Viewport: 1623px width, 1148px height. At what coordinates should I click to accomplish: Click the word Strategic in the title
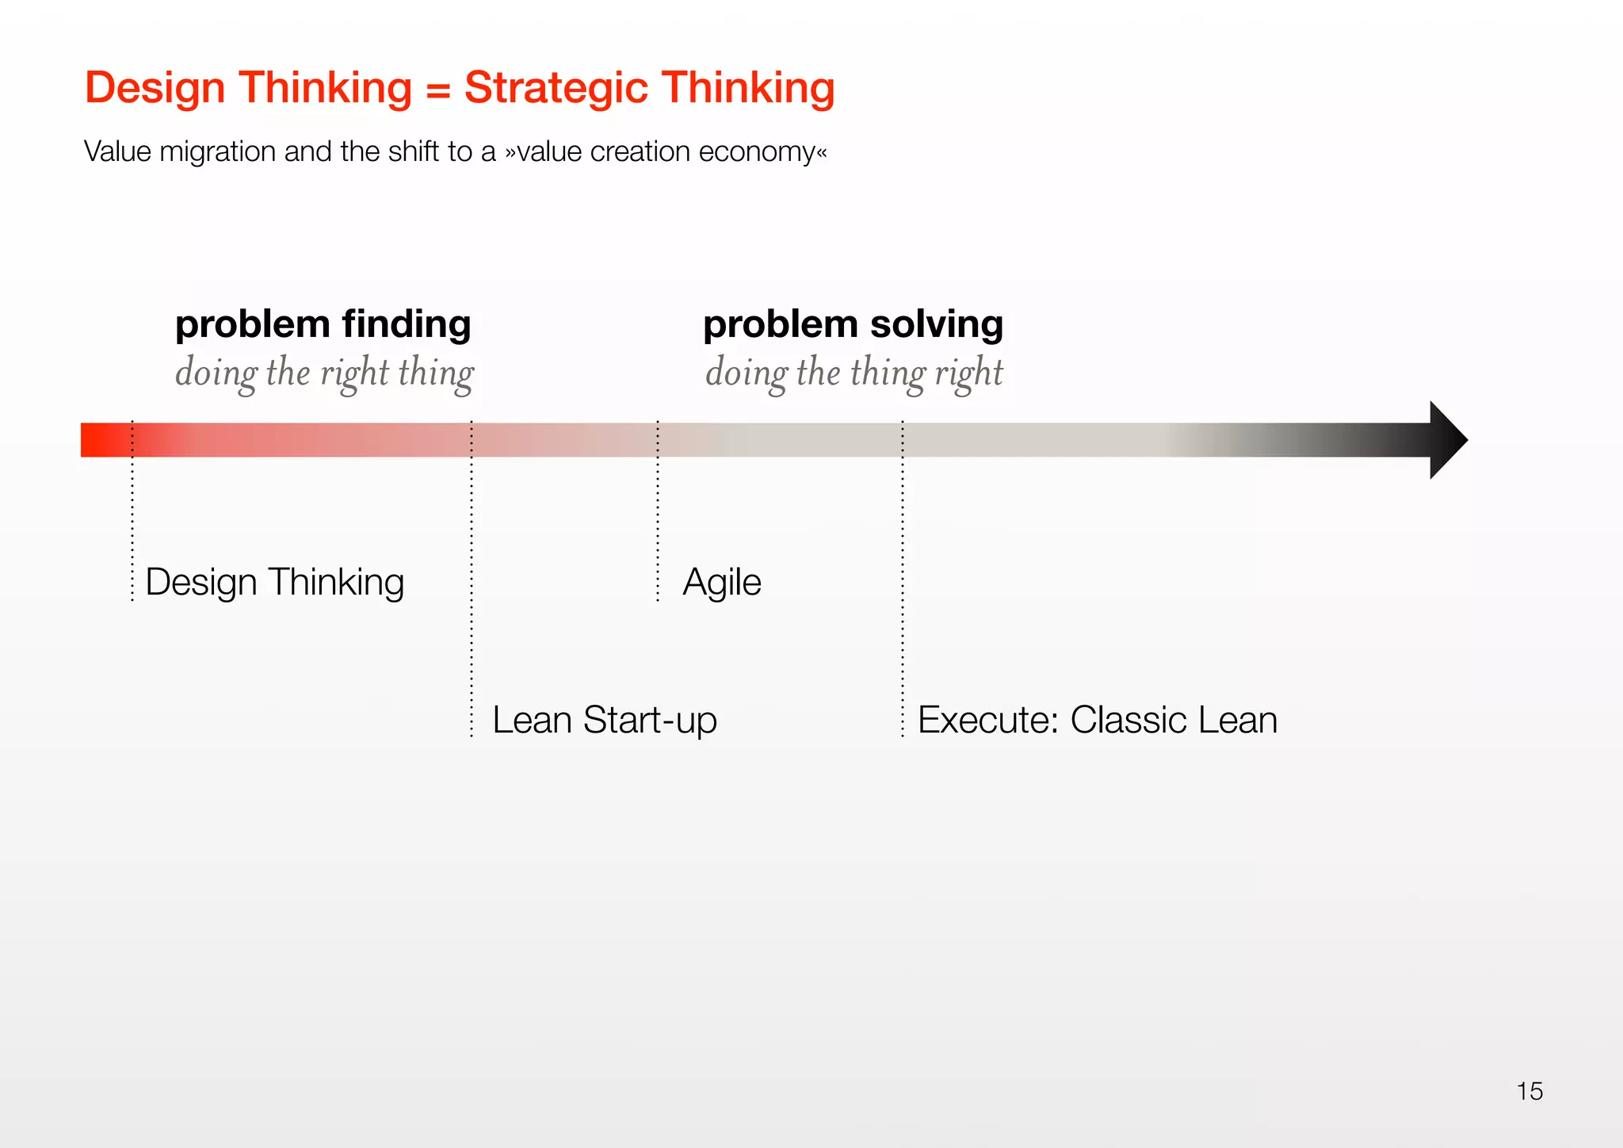[556, 87]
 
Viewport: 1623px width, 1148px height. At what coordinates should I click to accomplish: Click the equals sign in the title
[437, 89]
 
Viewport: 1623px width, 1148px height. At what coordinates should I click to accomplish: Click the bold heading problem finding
[323, 324]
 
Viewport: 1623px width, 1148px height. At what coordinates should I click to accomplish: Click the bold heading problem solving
[853, 324]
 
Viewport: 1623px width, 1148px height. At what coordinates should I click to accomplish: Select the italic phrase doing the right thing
[324, 373]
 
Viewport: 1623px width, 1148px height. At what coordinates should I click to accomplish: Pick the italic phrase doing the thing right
[854, 373]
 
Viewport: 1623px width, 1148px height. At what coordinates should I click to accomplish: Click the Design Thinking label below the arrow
[274, 582]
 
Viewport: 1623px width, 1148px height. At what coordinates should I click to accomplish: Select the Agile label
[721, 582]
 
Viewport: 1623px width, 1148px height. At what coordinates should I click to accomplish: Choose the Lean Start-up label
[604, 720]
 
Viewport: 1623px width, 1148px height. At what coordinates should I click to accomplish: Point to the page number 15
[1529, 1091]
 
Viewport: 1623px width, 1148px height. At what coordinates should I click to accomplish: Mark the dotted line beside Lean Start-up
[472, 634]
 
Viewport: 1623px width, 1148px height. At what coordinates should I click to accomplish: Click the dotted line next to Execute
[902, 634]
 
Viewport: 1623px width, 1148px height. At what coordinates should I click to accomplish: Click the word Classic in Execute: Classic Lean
[1128, 720]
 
